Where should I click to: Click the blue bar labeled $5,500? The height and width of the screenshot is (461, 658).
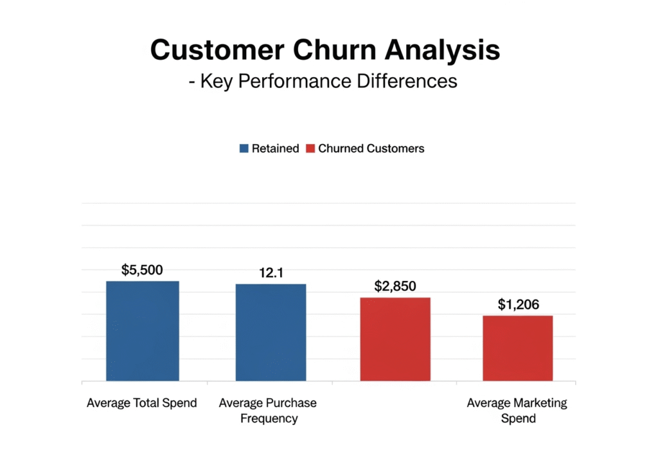pyautogui.click(x=142, y=330)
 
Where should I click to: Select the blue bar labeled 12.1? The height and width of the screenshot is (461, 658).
pyautogui.click(x=271, y=332)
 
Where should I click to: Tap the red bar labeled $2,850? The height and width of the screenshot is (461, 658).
pyautogui.click(x=395, y=339)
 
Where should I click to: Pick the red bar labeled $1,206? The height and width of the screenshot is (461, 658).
pyautogui.click(x=518, y=348)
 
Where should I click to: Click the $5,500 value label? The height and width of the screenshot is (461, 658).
pyautogui.click(x=143, y=270)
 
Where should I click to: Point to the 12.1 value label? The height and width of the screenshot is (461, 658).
pyautogui.click(x=271, y=273)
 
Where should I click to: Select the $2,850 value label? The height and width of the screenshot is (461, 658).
pyautogui.click(x=395, y=286)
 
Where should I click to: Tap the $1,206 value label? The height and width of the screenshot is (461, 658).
pyautogui.click(x=518, y=304)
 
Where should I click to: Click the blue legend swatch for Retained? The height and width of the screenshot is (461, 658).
pyautogui.click(x=244, y=149)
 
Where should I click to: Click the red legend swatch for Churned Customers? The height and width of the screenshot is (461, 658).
pyautogui.click(x=310, y=149)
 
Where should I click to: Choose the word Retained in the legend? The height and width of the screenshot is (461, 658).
pyautogui.click(x=275, y=149)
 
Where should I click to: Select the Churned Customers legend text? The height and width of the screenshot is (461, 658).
pyautogui.click(x=371, y=149)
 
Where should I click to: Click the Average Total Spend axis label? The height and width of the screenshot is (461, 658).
pyautogui.click(x=142, y=404)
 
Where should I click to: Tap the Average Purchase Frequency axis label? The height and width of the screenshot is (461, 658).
pyautogui.click(x=269, y=411)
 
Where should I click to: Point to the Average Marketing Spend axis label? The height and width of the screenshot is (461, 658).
pyautogui.click(x=517, y=411)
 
